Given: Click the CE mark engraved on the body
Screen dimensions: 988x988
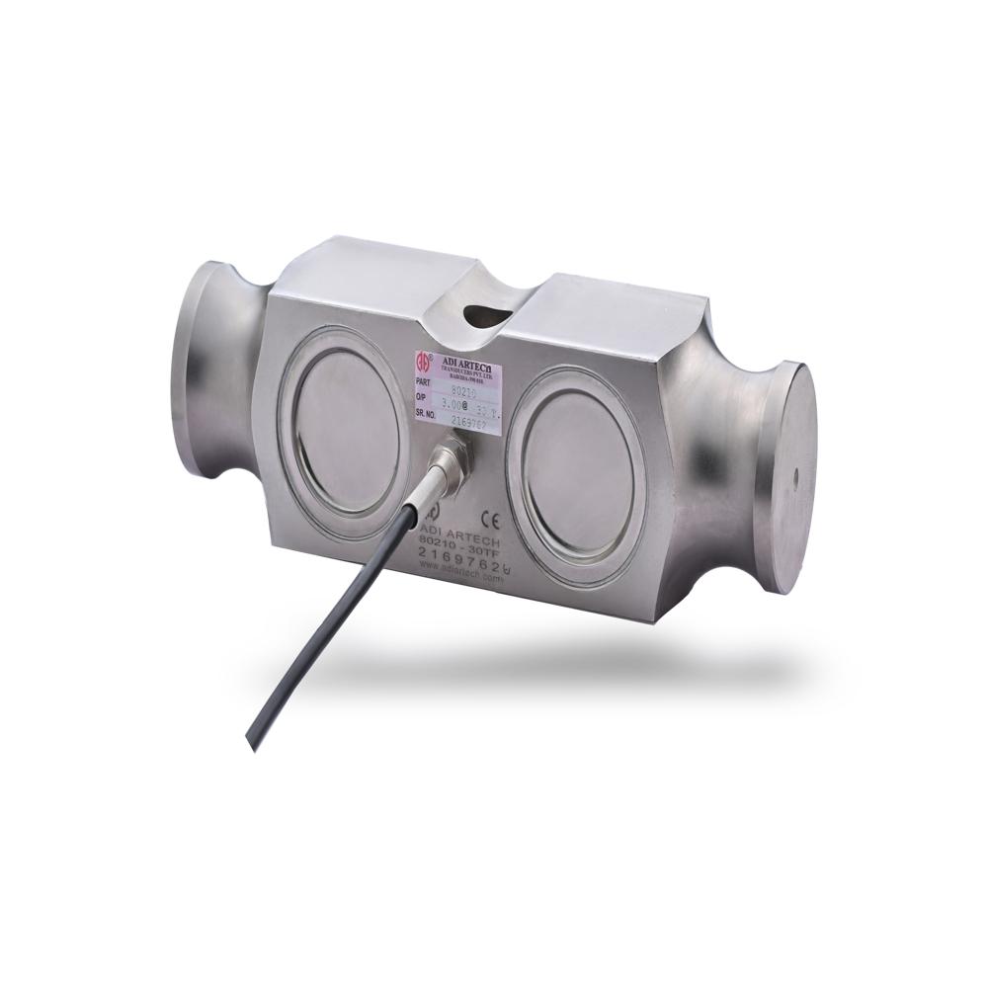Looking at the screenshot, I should tap(487, 517).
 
